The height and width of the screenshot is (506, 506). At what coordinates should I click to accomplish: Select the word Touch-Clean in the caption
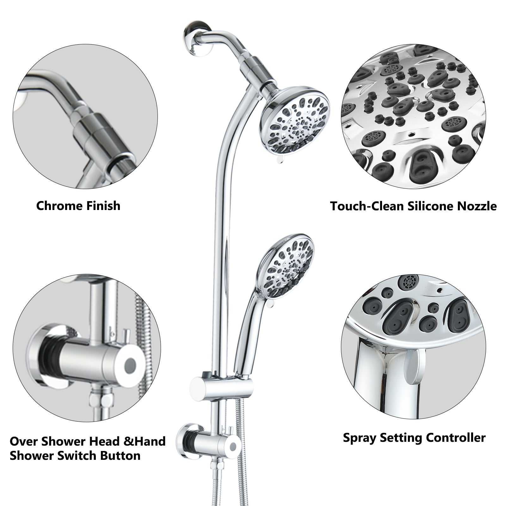click(x=367, y=206)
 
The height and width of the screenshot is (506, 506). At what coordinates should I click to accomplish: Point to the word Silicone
click(x=427, y=206)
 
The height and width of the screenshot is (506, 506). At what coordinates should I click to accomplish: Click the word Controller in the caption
click(x=455, y=438)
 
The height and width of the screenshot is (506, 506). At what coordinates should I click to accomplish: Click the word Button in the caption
click(x=121, y=456)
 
